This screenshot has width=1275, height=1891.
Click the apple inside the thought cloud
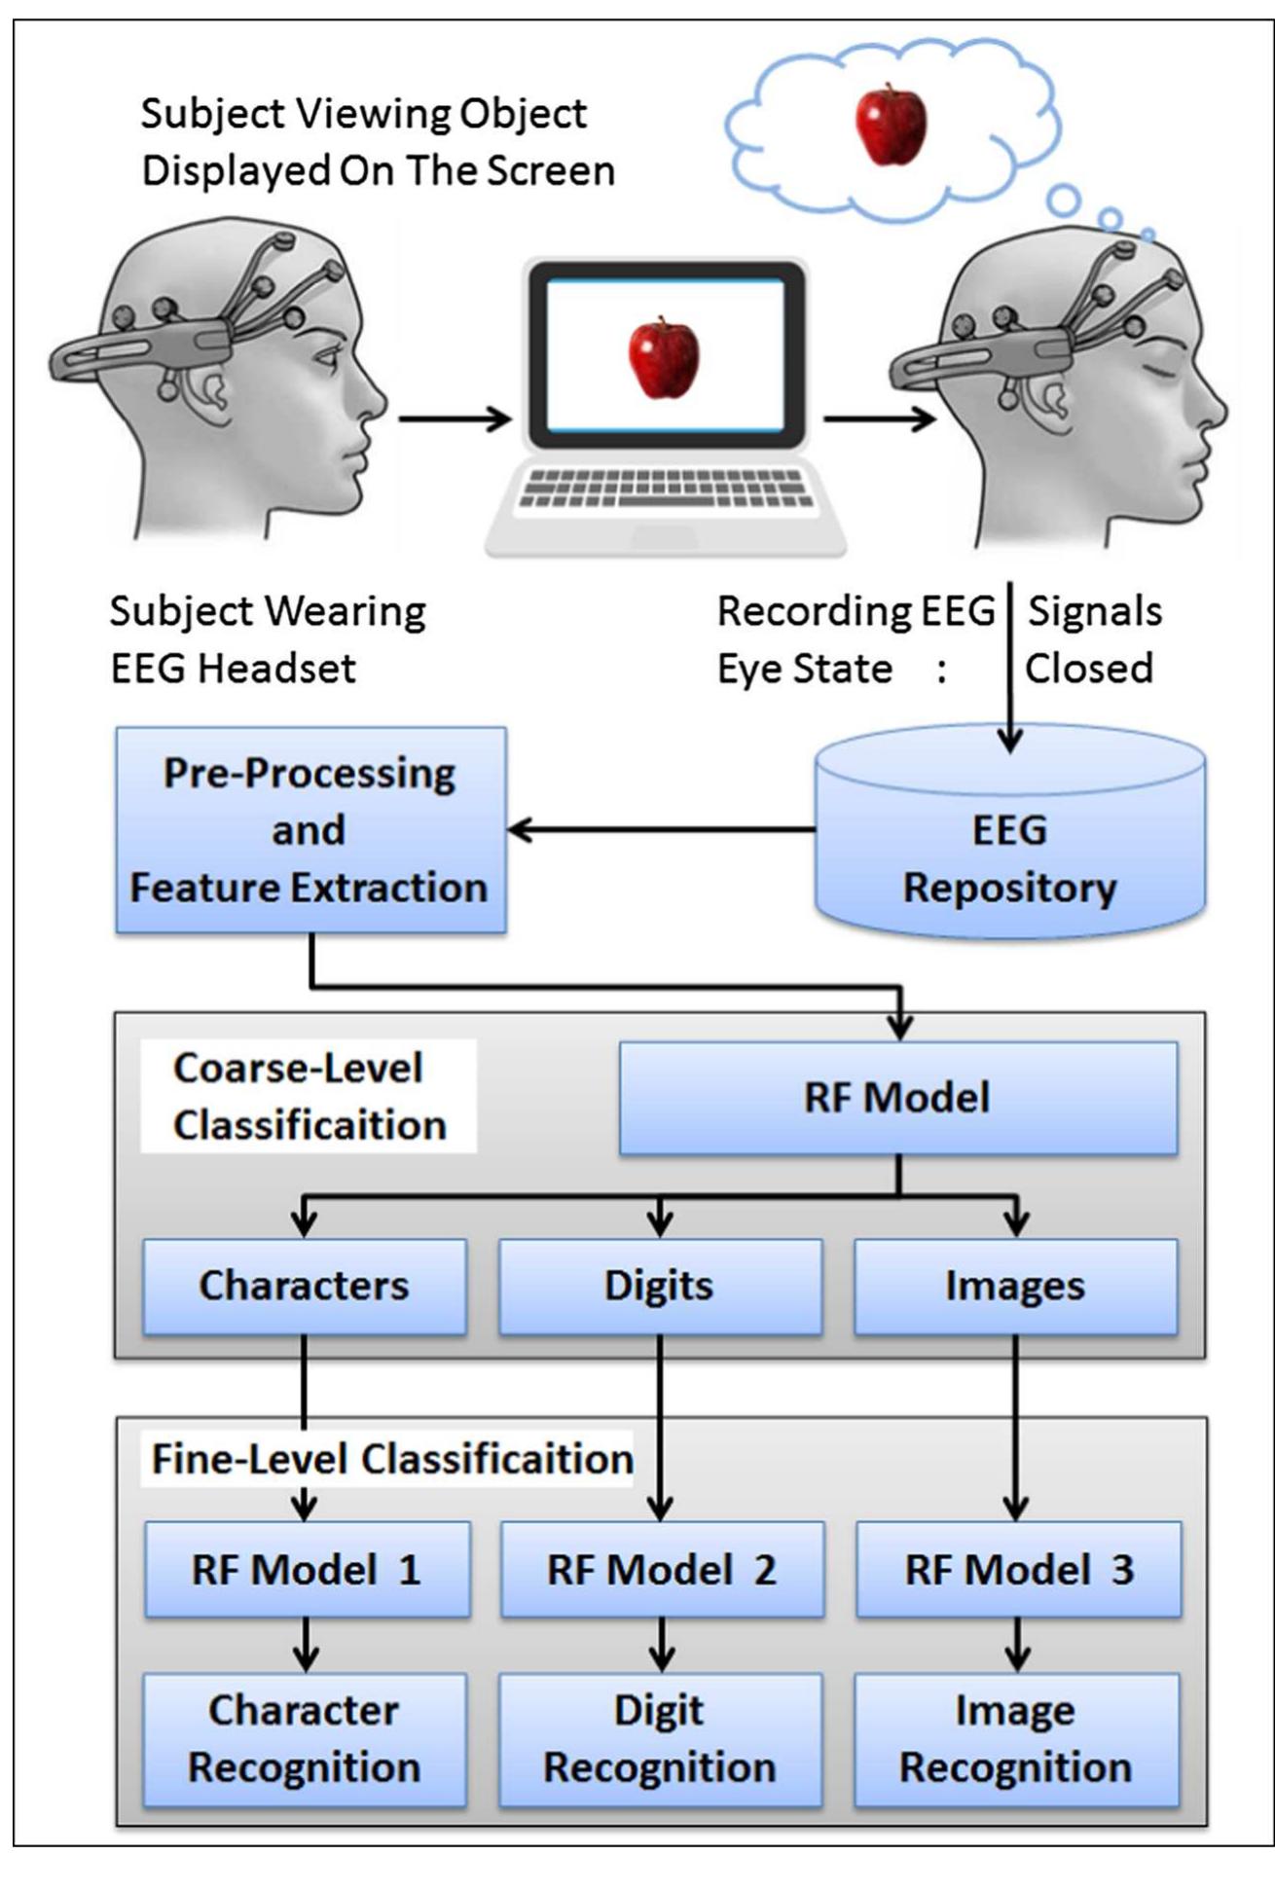point(890,126)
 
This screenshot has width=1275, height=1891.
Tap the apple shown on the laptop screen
point(664,357)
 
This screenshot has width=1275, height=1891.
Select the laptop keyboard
point(665,488)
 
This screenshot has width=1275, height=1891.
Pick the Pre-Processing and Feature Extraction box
point(310,830)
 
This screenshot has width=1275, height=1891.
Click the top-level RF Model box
point(897,1098)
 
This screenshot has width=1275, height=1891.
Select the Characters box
point(305,1286)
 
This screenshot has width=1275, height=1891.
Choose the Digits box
point(660,1286)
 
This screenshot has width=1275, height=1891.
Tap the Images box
point(1015,1286)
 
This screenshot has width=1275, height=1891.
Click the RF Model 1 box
point(307,1570)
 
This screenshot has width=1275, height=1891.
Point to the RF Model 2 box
point(662,1570)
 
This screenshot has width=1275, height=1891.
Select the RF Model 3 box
point(1018,1570)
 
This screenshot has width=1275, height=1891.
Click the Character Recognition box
point(305,1739)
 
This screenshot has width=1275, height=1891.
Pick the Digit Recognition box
point(660,1739)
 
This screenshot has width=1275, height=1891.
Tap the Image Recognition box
point(1016,1739)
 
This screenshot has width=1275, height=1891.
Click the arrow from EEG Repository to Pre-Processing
point(662,830)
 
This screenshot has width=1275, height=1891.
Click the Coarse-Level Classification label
point(309,1096)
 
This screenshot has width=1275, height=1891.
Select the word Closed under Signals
point(1089,669)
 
